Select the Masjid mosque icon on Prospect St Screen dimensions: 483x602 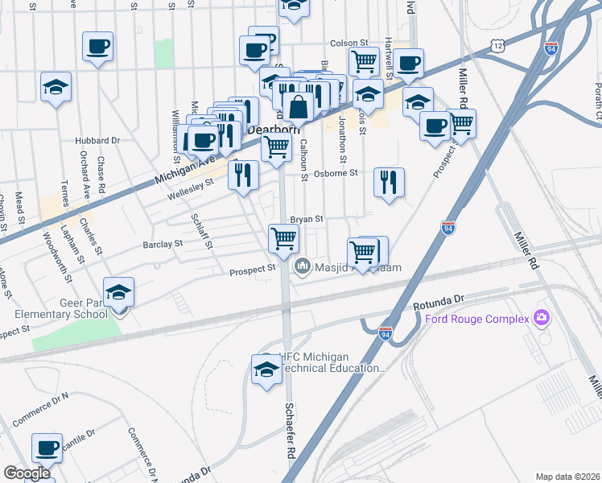[x=303, y=266]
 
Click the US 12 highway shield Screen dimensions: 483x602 [x=499, y=48]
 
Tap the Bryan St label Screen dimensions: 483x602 [x=307, y=218]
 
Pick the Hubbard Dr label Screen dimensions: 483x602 [x=97, y=140]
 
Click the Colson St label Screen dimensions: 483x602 [x=348, y=44]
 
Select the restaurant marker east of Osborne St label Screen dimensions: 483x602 [x=390, y=182]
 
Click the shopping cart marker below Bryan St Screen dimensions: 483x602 [x=283, y=237]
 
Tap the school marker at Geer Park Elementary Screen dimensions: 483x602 [x=118, y=292]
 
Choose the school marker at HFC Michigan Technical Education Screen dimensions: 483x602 [x=266, y=369]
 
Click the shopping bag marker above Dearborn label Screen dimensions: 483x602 [x=298, y=106]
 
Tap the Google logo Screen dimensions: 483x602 [x=27, y=473]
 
